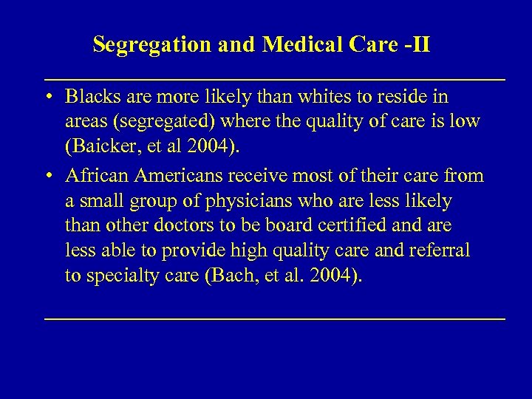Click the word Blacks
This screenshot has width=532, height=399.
point(92,97)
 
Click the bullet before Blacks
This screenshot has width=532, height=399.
point(48,98)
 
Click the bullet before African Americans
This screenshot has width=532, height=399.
point(48,177)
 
